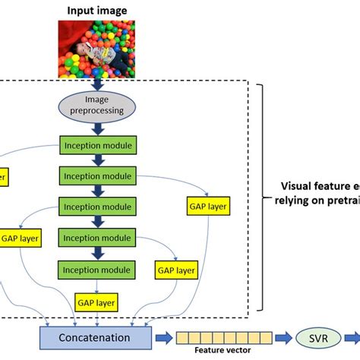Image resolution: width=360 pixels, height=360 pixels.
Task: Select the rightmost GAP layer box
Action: pos(205,204)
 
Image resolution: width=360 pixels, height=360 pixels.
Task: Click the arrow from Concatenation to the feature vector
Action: pos(163,335)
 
